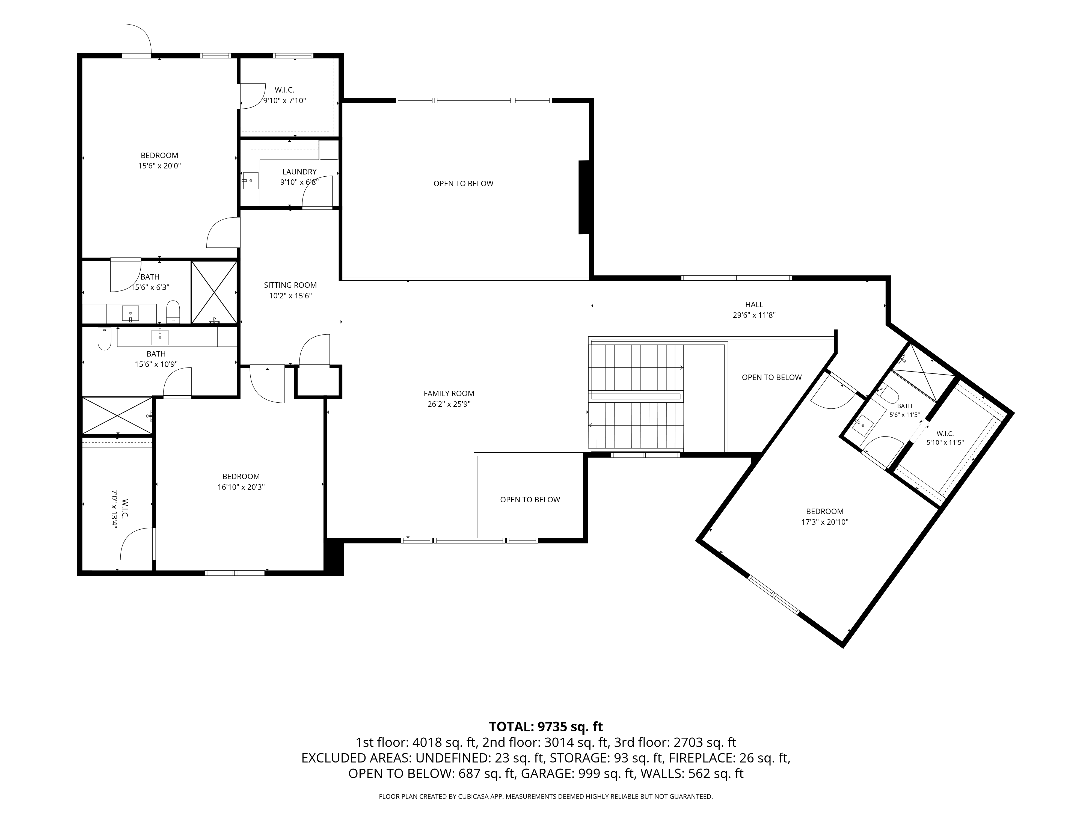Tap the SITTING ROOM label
[x=290, y=285]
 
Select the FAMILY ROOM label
[x=449, y=393]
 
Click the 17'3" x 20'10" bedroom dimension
[x=824, y=522]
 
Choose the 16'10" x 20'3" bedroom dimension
[x=241, y=487]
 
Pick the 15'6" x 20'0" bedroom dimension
[x=159, y=166]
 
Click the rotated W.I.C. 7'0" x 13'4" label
[x=120, y=509]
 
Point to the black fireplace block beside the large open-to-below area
[x=584, y=197]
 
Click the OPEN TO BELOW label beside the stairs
[x=771, y=377]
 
